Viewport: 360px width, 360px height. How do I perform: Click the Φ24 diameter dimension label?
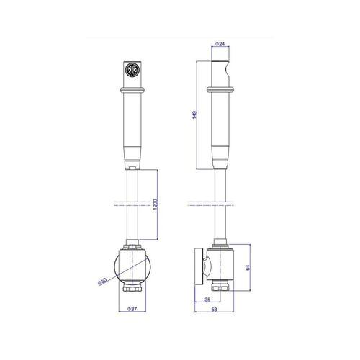click(220, 44)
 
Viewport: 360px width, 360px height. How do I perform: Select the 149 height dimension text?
click(194, 114)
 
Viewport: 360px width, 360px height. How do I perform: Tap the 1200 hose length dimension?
click(155, 204)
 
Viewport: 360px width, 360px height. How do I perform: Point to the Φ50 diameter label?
click(102, 281)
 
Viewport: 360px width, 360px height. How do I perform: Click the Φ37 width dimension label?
click(132, 309)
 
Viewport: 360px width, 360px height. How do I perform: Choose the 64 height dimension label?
click(248, 267)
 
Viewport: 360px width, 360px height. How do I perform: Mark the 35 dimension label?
click(207, 300)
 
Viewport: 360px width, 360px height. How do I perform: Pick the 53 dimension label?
click(214, 310)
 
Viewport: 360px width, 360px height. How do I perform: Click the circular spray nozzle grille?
click(132, 70)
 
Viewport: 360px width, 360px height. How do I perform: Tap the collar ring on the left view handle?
click(132, 90)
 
